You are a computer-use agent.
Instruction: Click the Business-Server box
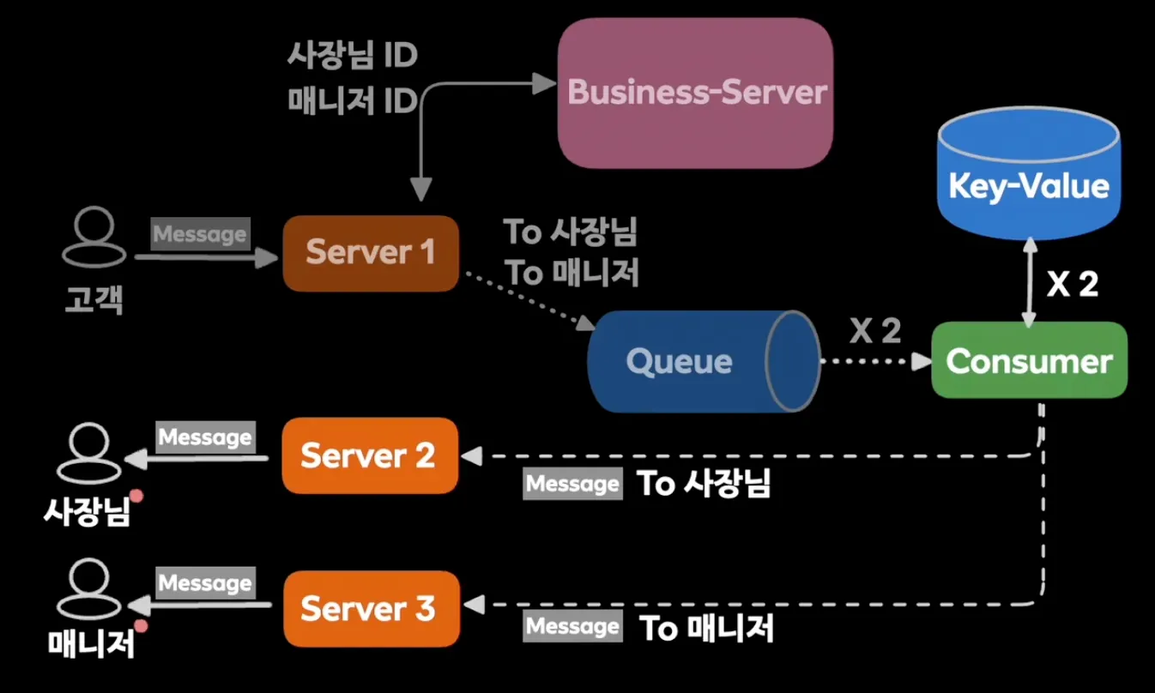[x=695, y=93]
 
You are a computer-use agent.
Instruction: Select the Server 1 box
[x=371, y=253]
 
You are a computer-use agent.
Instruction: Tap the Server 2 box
[x=370, y=455]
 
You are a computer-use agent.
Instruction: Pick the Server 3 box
[x=372, y=608]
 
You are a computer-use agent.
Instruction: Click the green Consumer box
[x=1029, y=360]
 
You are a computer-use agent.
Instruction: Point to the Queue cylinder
[x=704, y=361]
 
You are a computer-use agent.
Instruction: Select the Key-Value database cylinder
[x=1029, y=173]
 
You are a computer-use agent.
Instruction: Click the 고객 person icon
[x=94, y=237]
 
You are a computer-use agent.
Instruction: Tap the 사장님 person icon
[x=88, y=453]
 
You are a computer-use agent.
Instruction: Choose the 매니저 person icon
[x=88, y=588]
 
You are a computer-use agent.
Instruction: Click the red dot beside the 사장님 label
[x=136, y=496]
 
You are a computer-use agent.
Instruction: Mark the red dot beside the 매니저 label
[x=141, y=626]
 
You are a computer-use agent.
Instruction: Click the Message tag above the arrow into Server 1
[x=201, y=234]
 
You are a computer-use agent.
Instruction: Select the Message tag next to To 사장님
[x=572, y=483]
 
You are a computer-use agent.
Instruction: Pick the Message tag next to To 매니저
[x=572, y=625]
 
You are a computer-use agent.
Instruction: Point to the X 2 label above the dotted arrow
[x=875, y=330]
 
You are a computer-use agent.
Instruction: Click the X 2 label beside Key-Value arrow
[x=1073, y=283]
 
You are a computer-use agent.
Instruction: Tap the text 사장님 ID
[x=352, y=55]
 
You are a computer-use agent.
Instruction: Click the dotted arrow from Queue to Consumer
[x=875, y=361]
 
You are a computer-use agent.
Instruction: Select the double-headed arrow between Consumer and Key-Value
[x=1029, y=282]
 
